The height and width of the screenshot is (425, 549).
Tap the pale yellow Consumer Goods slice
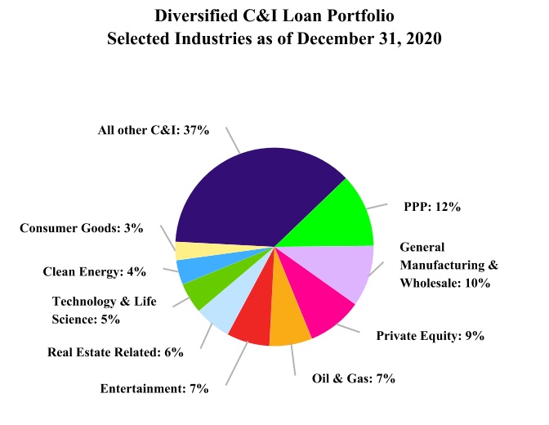pos(190,251)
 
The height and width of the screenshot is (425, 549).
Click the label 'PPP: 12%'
pos(432,207)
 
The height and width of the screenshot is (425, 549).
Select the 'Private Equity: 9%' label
pos(431,335)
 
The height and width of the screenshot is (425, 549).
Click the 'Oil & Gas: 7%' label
pos(354,378)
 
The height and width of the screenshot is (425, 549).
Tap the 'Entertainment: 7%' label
pos(154,388)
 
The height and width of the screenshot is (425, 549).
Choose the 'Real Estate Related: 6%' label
pos(115,352)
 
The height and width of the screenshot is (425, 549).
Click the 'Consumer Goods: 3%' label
pos(82,228)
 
